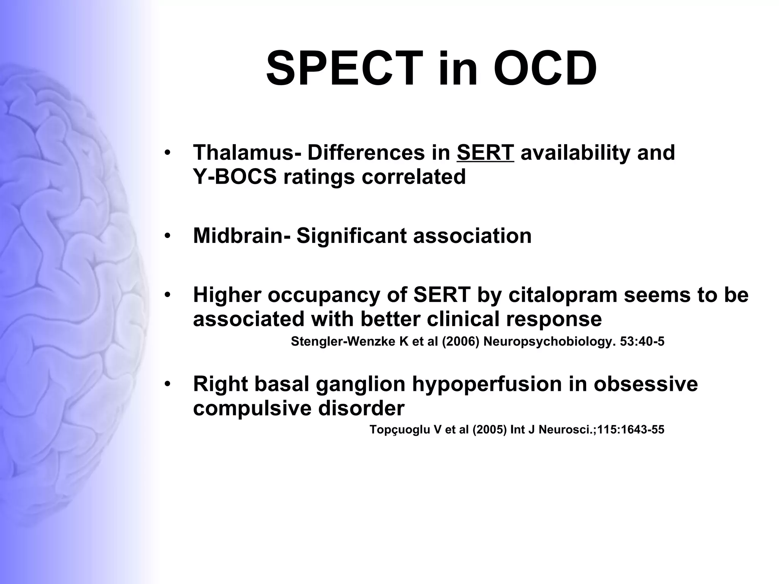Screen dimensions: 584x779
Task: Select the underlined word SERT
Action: pos(485,153)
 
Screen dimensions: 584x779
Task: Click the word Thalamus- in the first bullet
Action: pos(247,153)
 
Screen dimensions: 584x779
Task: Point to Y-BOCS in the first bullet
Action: pos(235,177)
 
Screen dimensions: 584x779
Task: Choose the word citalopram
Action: pos(562,295)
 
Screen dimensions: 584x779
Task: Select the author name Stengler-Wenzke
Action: pos(343,342)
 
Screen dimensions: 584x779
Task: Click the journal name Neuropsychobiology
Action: pos(549,342)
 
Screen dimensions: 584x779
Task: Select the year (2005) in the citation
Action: pos(490,430)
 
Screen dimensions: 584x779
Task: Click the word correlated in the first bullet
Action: pos(413,177)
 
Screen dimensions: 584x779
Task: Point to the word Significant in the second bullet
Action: pos(351,236)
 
